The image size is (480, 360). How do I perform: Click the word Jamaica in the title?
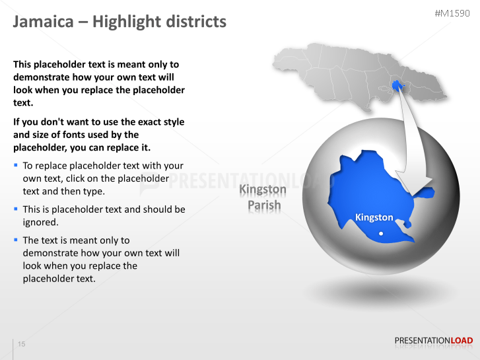43,22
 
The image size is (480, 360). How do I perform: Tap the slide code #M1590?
454,13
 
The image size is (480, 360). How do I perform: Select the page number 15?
22,344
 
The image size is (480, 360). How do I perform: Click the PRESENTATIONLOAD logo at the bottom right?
433,341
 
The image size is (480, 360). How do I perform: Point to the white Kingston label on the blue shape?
374,217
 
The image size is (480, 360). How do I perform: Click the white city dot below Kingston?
381,233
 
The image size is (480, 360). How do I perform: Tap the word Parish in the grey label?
264,205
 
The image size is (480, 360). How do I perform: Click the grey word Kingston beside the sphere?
263,190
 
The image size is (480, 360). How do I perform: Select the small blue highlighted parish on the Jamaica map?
397,85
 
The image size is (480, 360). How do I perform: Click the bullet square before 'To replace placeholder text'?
16,164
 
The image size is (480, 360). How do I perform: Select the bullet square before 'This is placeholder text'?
16,208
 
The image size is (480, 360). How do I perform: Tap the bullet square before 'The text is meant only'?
16,239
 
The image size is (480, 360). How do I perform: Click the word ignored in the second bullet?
41,222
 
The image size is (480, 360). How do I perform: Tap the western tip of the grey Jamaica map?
275,58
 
